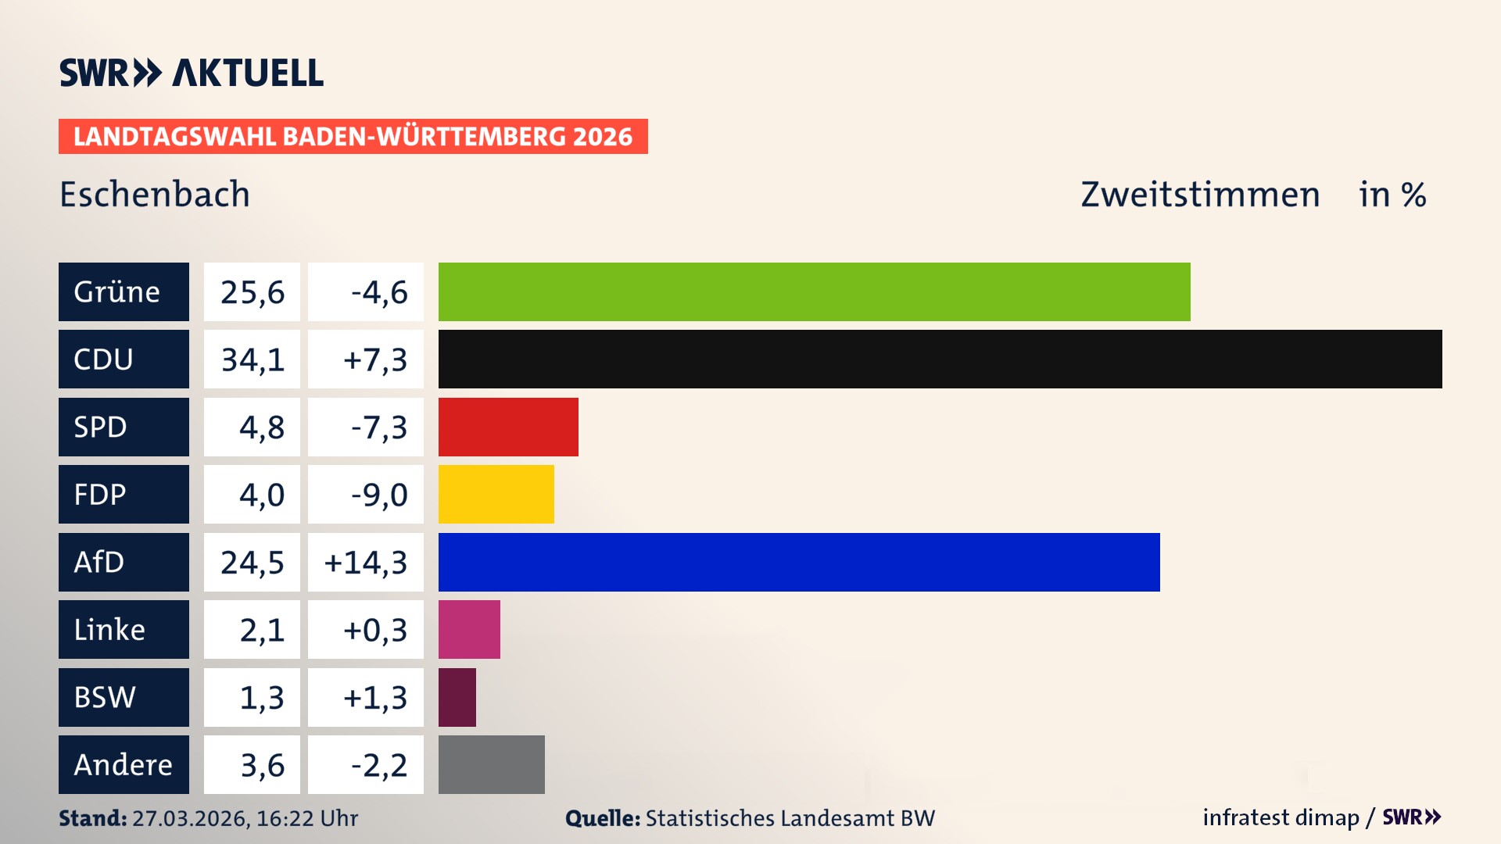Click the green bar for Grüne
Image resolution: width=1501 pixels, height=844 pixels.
pos(814,291)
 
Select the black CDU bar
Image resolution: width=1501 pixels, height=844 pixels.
pos(940,359)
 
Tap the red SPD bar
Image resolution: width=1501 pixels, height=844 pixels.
pos(508,427)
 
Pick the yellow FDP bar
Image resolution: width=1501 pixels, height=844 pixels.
pos(496,494)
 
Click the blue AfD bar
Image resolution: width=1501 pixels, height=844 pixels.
pos(799,562)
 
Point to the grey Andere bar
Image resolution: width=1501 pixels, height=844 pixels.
pos(491,764)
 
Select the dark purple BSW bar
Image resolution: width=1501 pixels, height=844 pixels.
pos(457,697)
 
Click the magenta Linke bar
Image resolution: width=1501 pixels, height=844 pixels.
pos(469,629)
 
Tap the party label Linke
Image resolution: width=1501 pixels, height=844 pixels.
pos(109,629)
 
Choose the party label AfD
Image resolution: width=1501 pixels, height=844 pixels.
pos(99,562)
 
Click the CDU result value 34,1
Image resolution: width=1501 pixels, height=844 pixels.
pos(252,359)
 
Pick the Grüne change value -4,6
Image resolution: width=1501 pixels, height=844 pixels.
pos(378,292)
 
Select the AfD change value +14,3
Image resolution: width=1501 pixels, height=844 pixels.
pos(366,563)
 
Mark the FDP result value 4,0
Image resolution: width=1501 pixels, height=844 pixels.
pos(261,495)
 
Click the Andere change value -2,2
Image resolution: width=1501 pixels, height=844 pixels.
pos(378,765)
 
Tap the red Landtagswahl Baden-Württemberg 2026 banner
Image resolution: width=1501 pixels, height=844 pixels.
pos(353,137)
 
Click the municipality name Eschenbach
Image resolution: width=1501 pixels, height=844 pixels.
pos(155,195)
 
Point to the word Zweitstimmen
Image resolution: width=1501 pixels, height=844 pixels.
pos(1200,195)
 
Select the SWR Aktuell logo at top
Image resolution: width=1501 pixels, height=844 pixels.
pos(192,73)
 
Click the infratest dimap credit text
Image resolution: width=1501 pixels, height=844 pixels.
pos(1281,817)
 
